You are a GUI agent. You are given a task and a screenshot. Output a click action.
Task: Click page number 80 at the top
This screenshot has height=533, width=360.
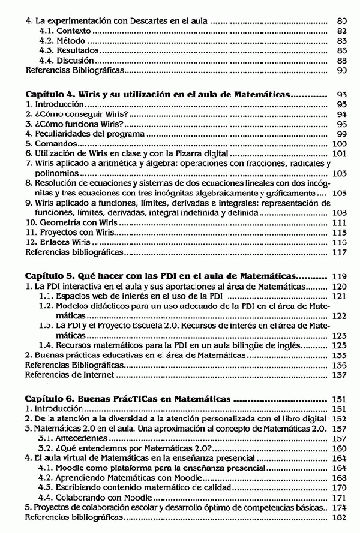click(342, 21)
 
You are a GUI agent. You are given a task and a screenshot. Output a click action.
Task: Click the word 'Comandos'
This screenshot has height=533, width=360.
click(55, 144)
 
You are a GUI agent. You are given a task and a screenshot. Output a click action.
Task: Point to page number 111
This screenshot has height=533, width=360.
click(339, 222)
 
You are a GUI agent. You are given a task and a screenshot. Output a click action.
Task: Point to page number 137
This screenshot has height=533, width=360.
click(339, 375)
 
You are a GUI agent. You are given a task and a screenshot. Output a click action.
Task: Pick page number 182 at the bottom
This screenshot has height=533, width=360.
click(339, 517)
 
